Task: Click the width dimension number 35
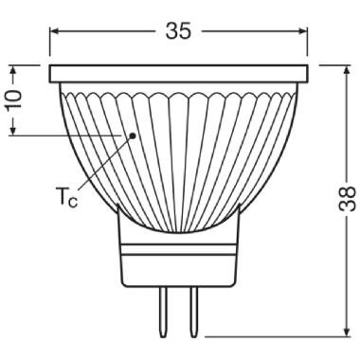(x=178, y=30)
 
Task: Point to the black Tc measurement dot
(x=134, y=135)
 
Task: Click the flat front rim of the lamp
(x=181, y=73)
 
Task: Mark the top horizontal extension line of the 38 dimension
(x=327, y=64)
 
